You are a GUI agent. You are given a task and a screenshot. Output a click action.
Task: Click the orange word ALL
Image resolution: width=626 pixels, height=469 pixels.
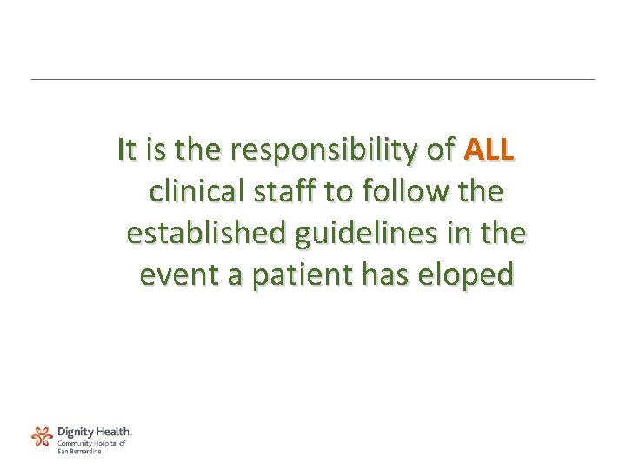(489, 150)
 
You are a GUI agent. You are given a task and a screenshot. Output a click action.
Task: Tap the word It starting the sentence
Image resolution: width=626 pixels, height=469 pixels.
(126, 150)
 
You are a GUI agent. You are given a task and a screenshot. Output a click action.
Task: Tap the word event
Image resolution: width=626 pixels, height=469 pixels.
(179, 274)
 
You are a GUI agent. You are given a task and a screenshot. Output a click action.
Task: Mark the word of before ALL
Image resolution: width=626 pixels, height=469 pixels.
(440, 150)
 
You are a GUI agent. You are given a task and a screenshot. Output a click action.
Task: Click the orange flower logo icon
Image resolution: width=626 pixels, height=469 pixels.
(42, 436)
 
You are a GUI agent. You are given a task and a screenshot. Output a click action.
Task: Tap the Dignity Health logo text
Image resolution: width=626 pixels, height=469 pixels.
(94, 431)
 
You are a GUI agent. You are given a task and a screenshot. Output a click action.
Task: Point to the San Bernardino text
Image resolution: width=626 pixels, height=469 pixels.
(79, 451)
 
